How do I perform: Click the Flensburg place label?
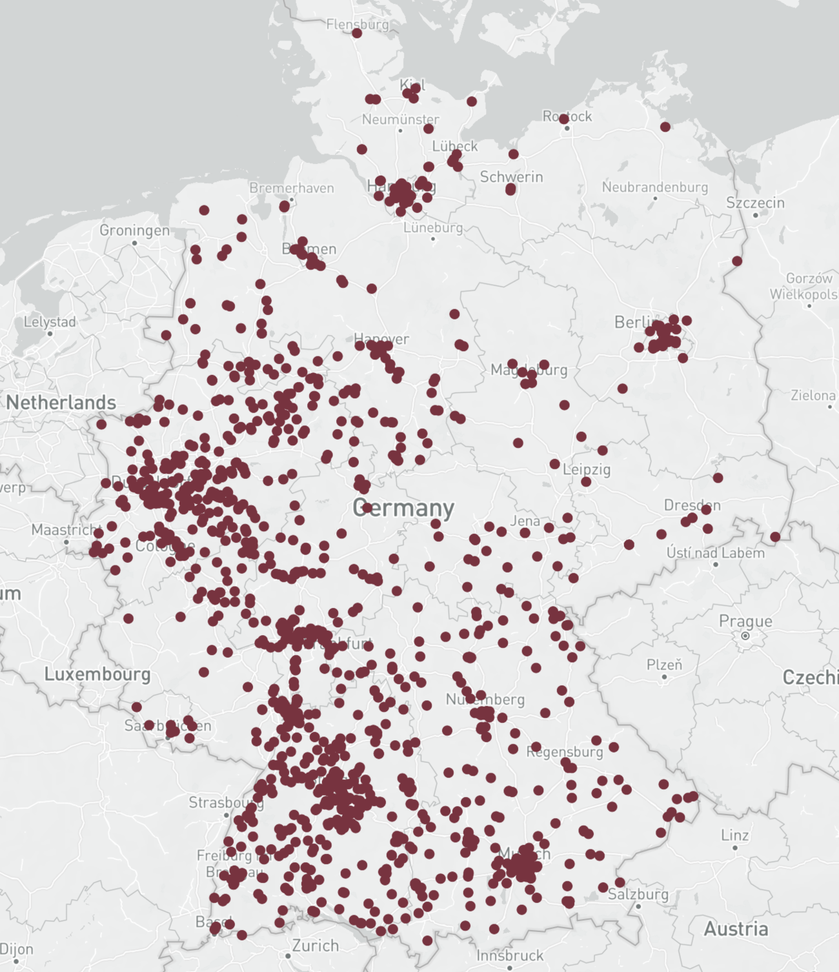point(358,25)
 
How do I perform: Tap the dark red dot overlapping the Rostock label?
point(563,119)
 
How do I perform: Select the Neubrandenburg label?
point(654,187)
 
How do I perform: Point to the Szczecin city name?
point(755,203)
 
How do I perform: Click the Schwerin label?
point(511,177)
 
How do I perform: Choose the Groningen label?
point(134,230)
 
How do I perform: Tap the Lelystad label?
point(50,321)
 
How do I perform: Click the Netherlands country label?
point(61,403)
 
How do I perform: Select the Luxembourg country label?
point(97,674)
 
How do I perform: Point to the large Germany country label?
point(403,508)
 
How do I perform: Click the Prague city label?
point(745,621)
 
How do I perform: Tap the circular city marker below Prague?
point(745,636)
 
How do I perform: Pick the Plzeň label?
point(664,665)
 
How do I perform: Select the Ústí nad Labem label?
point(715,553)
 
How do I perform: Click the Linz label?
point(734,835)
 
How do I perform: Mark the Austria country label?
point(736,929)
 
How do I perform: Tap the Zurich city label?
point(315,946)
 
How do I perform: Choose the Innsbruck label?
point(510,955)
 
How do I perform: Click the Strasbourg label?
point(226,802)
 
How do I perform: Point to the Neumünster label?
point(400,119)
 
